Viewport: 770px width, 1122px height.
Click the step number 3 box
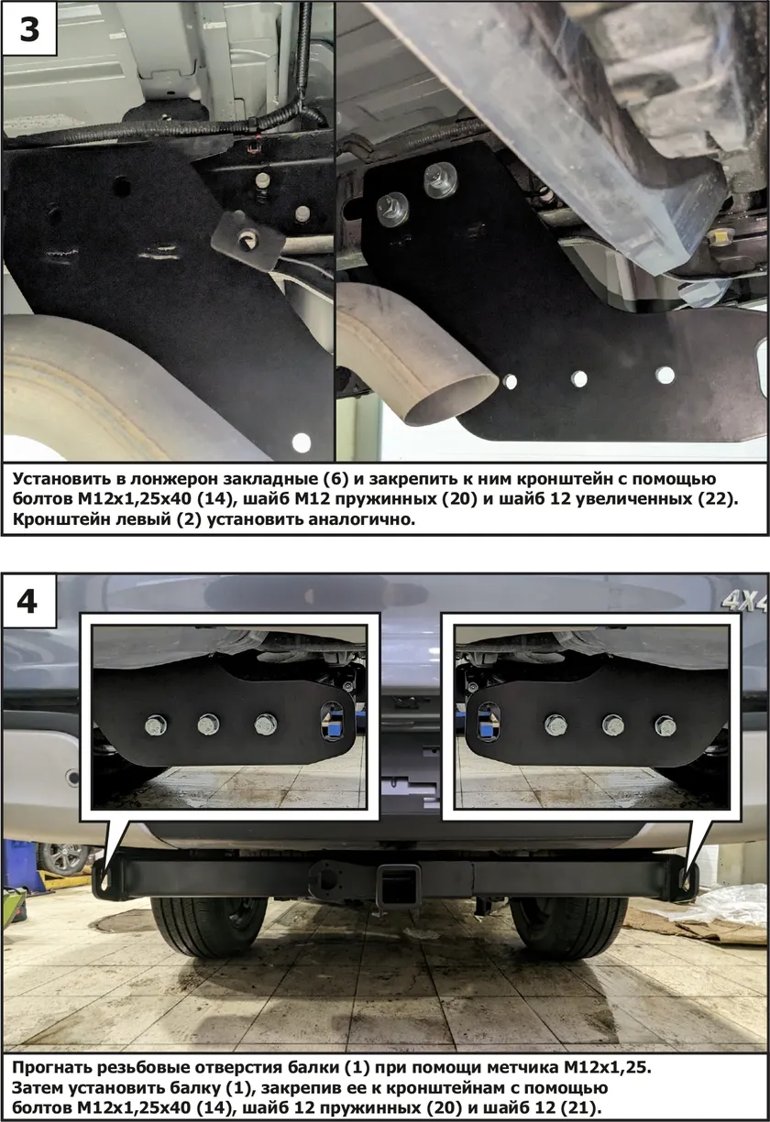tap(29, 28)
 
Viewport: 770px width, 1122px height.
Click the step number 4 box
tap(29, 601)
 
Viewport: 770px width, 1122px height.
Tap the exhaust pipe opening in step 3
tap(454, 398)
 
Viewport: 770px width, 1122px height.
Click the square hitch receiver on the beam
tap(398, 881)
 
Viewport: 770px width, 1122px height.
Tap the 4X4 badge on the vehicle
tap(745, 602)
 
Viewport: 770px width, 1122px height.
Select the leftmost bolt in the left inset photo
tap(156, 725)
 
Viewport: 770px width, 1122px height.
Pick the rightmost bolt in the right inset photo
tap(665, 725)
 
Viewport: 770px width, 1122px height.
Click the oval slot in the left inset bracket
tap(332, 722)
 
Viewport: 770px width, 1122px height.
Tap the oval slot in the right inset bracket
tap(489, 722)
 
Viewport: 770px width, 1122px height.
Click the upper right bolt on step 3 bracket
tap(440, 180)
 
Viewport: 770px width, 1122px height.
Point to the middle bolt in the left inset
tap(209, 724)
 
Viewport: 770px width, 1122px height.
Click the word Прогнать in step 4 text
tap(50, 1066)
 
